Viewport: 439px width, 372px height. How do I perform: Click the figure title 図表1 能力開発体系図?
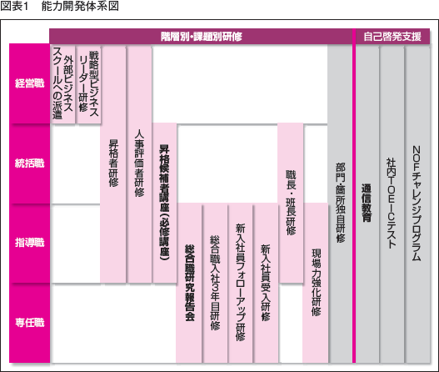(59, 6)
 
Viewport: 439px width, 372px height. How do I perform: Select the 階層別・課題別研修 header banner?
(202, 37)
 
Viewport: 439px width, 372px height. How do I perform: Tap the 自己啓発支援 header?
(392, 37)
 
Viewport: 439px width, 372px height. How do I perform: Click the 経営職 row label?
(30, 83)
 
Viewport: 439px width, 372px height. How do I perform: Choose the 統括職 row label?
(30, 163)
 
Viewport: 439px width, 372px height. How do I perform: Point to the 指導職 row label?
(30, 243)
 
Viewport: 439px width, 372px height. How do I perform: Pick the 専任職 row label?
(30, 323)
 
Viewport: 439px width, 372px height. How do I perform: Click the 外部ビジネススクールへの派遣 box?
(63, 85)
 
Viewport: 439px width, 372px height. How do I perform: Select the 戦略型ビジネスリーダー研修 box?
(89, 85)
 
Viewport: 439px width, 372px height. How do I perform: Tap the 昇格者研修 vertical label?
(113, 163)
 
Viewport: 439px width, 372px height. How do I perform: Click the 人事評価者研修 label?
(139, 163)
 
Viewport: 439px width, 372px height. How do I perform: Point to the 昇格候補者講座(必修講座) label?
(164, 203)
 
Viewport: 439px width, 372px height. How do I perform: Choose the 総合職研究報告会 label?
(190, 283)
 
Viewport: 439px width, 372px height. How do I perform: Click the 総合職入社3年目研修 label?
(215, 283)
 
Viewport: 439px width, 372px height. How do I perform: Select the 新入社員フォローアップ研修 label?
(240, 283)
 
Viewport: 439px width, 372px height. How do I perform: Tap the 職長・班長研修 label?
(291, 203)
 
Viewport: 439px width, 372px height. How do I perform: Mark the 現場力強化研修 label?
(317, 283)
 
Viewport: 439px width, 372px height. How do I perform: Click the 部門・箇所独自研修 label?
(341, 203)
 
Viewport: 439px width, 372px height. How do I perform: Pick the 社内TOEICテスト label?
(392, 203)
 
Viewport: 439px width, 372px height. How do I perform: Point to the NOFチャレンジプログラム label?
(417, 203)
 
